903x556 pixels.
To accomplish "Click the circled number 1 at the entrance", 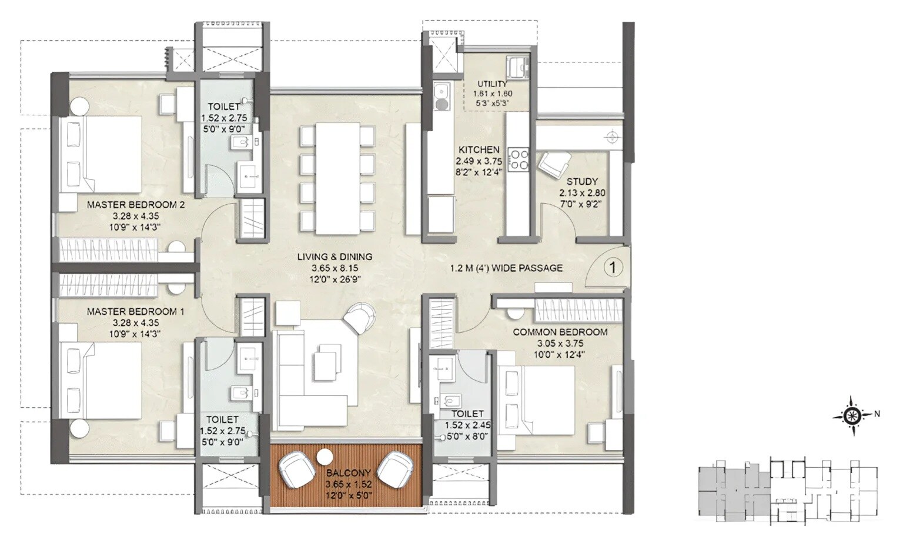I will click(612, 268).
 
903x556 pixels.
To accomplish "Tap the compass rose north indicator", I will click(852, 416).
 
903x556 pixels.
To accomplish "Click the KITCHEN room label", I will click(479, 150).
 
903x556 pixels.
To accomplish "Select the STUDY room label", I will click(582, 182).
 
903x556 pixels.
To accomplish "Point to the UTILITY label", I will click(492, 84).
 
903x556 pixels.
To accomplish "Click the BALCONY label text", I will click(349, 473).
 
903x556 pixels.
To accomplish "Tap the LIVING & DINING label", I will click(335, 257).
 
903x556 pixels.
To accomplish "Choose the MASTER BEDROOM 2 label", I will click(136, 205).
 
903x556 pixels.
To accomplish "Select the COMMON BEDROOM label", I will click(560, 332).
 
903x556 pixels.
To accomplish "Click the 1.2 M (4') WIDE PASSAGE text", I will click(506, 268).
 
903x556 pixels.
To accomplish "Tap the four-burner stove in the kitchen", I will click(519, 158).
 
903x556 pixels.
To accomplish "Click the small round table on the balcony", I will click(324, 457).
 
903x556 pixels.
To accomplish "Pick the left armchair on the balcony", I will click(296, 468).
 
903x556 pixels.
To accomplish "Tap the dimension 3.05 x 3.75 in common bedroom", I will click(560, 344).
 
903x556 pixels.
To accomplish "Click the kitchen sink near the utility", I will click(440, 96).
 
